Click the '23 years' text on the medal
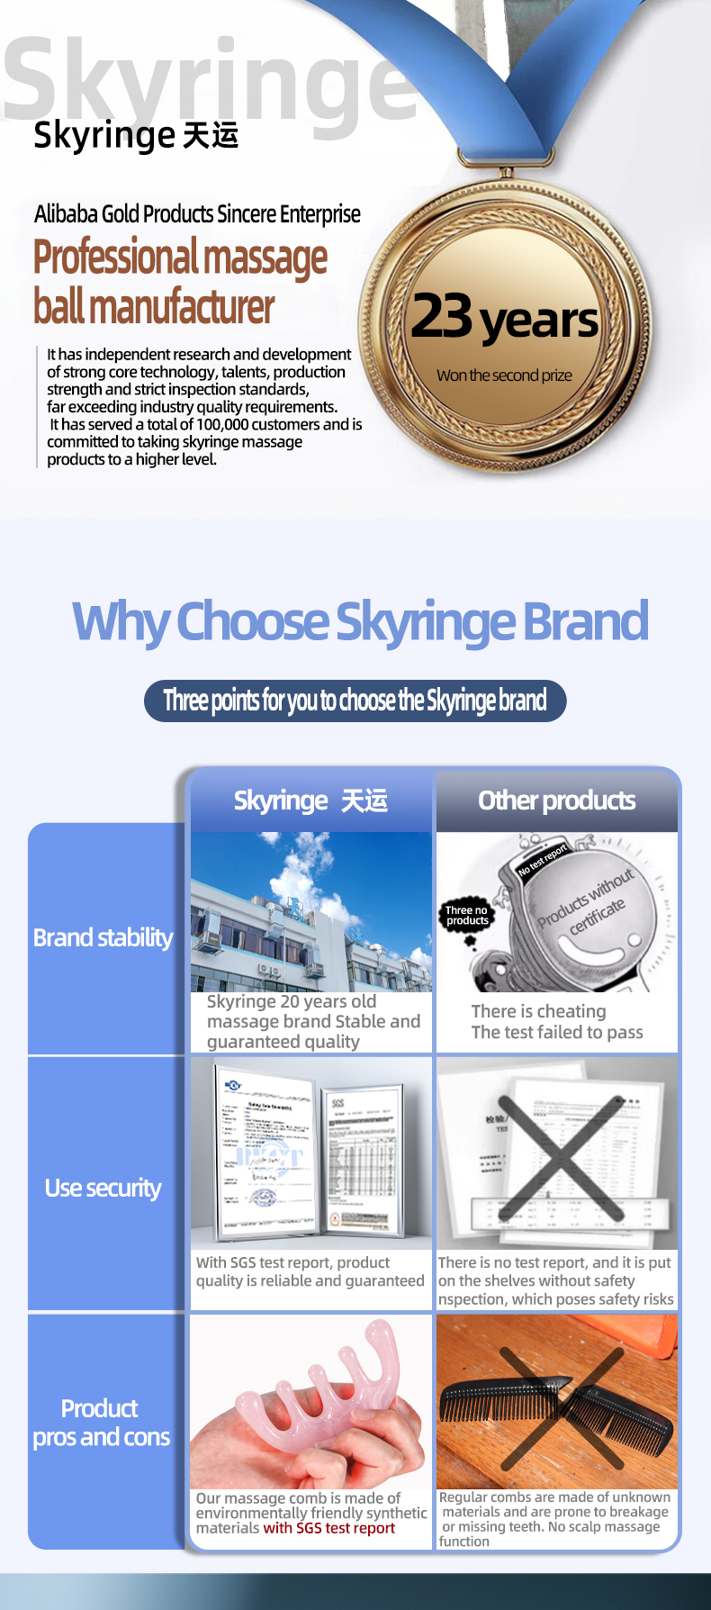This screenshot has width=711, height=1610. (504, 318)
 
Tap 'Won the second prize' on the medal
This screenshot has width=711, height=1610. (504, 375)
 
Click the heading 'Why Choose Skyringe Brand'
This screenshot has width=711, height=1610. (360, 621)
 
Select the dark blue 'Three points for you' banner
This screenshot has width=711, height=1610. (355, 701)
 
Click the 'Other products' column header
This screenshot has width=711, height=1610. (556, 800)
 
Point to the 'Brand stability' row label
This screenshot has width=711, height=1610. (103, 937)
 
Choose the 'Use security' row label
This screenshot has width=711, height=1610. (103, 1188)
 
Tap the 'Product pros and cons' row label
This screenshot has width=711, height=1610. (101, 1422)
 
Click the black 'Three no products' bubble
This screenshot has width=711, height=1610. (467, 916)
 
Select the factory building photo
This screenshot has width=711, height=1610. (310, 911)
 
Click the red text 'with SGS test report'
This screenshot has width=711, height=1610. (328, 1527)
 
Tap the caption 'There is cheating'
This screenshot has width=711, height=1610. (538, 1011)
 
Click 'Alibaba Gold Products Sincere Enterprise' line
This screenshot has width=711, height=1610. (197, 214)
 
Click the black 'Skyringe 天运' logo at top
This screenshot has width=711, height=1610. (135, 135)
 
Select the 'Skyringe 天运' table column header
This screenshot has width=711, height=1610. (310, 800)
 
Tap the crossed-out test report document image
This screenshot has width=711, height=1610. (558, 1157)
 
